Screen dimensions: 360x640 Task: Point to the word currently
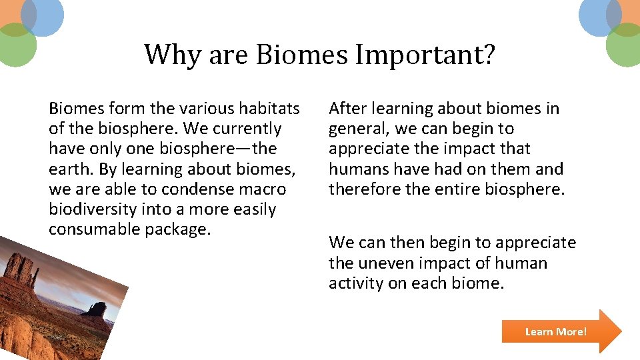pos(241,129)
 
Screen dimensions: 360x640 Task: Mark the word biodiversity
pos(93,209)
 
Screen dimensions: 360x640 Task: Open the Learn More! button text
pos(555,331)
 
